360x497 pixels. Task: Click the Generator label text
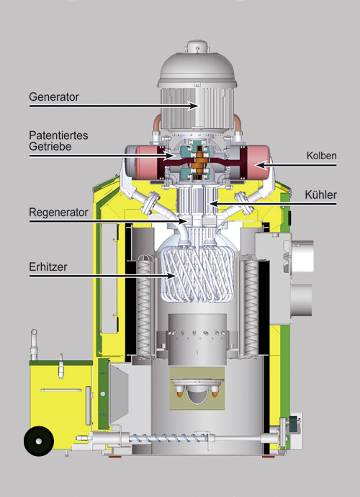pos(54,97)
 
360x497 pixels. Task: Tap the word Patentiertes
pos(58,135)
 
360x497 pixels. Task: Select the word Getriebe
pos(50,146)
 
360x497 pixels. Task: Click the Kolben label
pos(321,156)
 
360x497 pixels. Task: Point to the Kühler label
pos(320,194)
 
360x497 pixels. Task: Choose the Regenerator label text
pos(58,212)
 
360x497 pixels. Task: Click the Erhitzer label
pos(48,267)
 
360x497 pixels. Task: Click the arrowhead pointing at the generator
pos(192,106)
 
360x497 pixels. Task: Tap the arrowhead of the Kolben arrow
pos(261,165)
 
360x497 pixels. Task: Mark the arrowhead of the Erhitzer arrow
pos(171,276)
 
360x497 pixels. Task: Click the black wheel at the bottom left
pos(39,441)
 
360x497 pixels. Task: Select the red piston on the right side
pos(258,162)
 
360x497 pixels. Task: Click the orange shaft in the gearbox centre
pos(199,161)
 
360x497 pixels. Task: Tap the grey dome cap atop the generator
pos(197,68)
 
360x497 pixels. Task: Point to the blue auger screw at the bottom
pos(168,439)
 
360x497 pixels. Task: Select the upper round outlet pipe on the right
pos(302,256)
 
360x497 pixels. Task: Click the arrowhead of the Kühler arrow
pos(215,204)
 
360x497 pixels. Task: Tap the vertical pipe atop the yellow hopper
pos(34,345)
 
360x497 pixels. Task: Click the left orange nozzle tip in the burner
pos(179,394)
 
